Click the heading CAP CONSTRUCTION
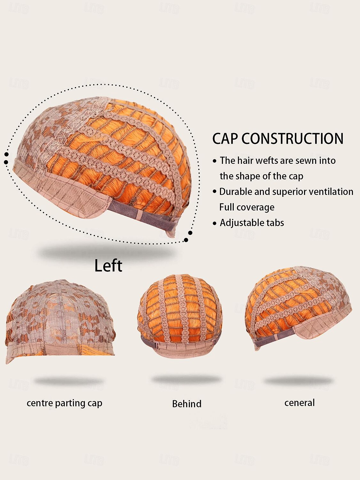coord(278,139)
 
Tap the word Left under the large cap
coord(108,266)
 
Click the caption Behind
coord(187,404)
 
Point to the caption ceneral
coord(300,403)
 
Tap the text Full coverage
coord(247,207)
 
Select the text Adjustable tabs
coord(252,223)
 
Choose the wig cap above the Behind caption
coord(180,316)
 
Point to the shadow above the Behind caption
coord(186,380)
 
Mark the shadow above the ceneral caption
coord(299,381)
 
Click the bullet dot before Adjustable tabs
coord(215,223)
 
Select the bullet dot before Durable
coord(215,192)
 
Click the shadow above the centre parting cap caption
coord(69,381)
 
